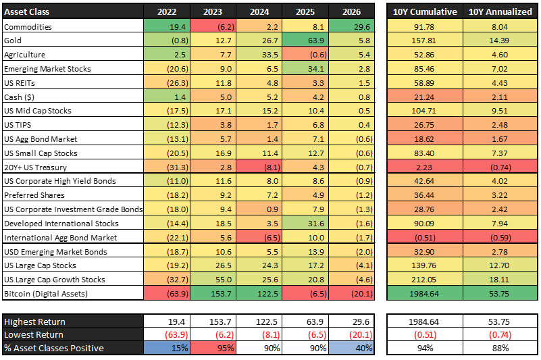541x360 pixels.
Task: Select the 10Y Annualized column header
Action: (500, 11)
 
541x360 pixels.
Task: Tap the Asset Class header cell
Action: (27, 11)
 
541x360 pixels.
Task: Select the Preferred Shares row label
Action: (34, 195)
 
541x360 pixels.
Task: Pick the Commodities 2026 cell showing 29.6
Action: (352, 26)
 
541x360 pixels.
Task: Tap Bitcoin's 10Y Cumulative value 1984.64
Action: (423, 293)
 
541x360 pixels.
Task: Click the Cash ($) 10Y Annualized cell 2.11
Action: (500, 96)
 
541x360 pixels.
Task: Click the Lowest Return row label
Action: (34, 335)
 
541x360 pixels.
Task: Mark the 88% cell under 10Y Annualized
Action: (500, 349)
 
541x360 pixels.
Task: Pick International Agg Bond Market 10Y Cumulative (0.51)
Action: (423, 237)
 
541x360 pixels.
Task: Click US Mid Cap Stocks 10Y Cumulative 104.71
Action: (423, 110)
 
